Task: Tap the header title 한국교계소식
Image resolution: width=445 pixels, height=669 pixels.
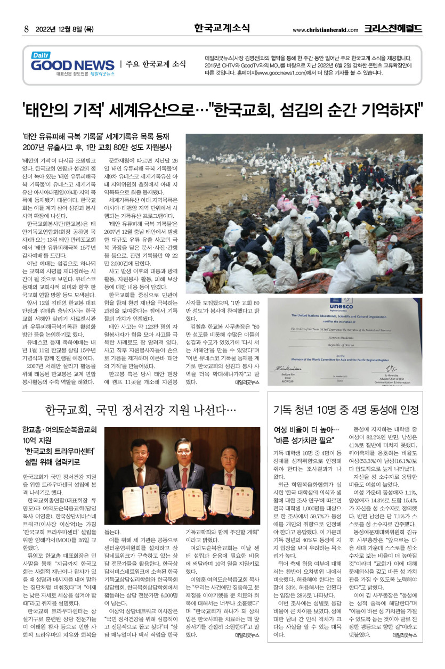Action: (222, 28)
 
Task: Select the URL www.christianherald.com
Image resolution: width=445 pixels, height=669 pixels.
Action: (326, 30)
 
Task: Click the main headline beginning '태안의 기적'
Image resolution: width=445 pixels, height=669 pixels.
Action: (222, 111)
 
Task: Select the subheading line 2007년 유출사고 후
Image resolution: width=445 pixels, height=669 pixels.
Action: (97, 148)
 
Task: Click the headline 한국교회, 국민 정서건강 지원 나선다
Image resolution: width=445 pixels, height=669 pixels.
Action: (141, 410)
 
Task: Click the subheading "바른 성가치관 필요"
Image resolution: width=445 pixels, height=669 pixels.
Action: (304, 440)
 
